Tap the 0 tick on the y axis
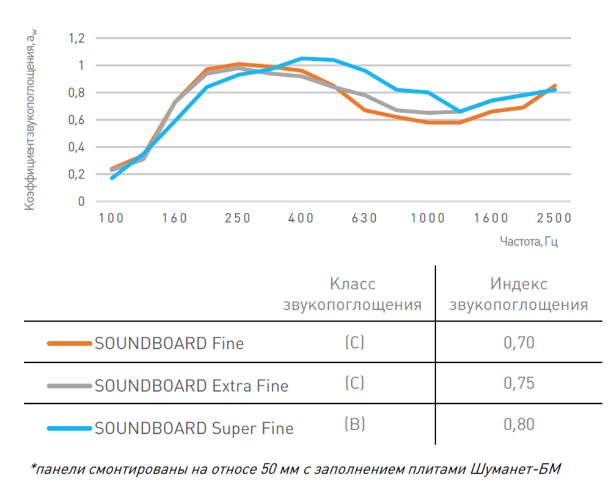81,202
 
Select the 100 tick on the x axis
111,218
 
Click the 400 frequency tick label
301,218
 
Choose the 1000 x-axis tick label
427,218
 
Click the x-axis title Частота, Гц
529,242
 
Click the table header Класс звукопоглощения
353,294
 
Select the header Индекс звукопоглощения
519,294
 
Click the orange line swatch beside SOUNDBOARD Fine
68,343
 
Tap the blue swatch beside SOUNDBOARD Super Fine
68,428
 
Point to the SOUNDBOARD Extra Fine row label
191,386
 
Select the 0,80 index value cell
519,424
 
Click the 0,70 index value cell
519,343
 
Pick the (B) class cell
354,424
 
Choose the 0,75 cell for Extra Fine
519,383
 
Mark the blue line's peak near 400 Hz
302,58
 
